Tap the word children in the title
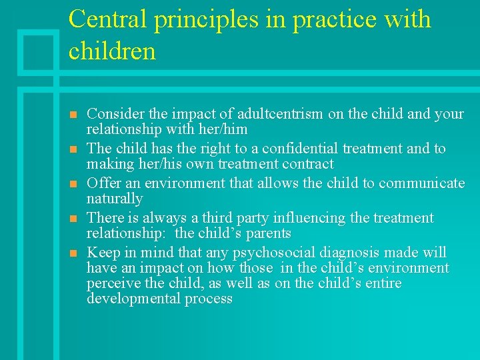(112, 51)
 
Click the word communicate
(421, 183)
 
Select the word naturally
(115, 199)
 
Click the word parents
(269, 233)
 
